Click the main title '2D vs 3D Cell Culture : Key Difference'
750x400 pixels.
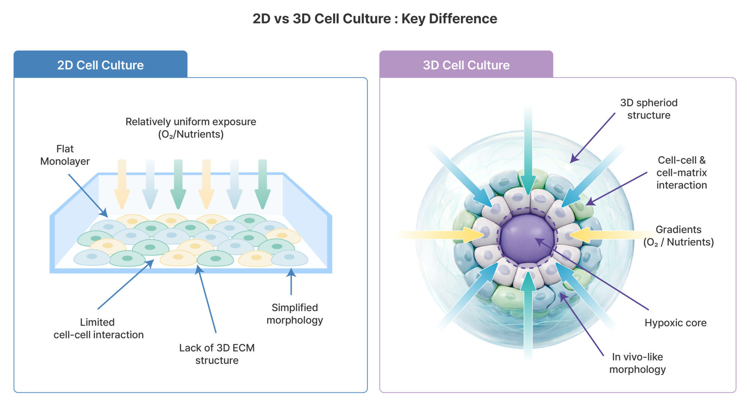pos(375,19)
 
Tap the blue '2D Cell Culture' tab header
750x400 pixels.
pos(100,65)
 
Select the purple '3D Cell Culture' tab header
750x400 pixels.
pos(466,65)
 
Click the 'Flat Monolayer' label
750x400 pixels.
pos(65,155)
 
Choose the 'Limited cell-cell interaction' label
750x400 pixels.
pos(98,328)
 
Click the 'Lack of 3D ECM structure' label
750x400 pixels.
pos(217,354)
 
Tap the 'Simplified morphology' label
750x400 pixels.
pos(294,313)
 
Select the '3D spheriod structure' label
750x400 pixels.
pos(649,109)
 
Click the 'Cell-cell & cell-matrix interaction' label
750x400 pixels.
pos(681,172)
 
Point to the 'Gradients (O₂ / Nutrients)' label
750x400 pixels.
pos(678,236)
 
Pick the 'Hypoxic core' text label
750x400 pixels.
pos(675,322)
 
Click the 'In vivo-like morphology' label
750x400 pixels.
pos(637,363)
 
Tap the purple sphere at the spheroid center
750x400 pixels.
pos(527,238)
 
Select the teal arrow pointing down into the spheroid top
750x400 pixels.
pos(528,150)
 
